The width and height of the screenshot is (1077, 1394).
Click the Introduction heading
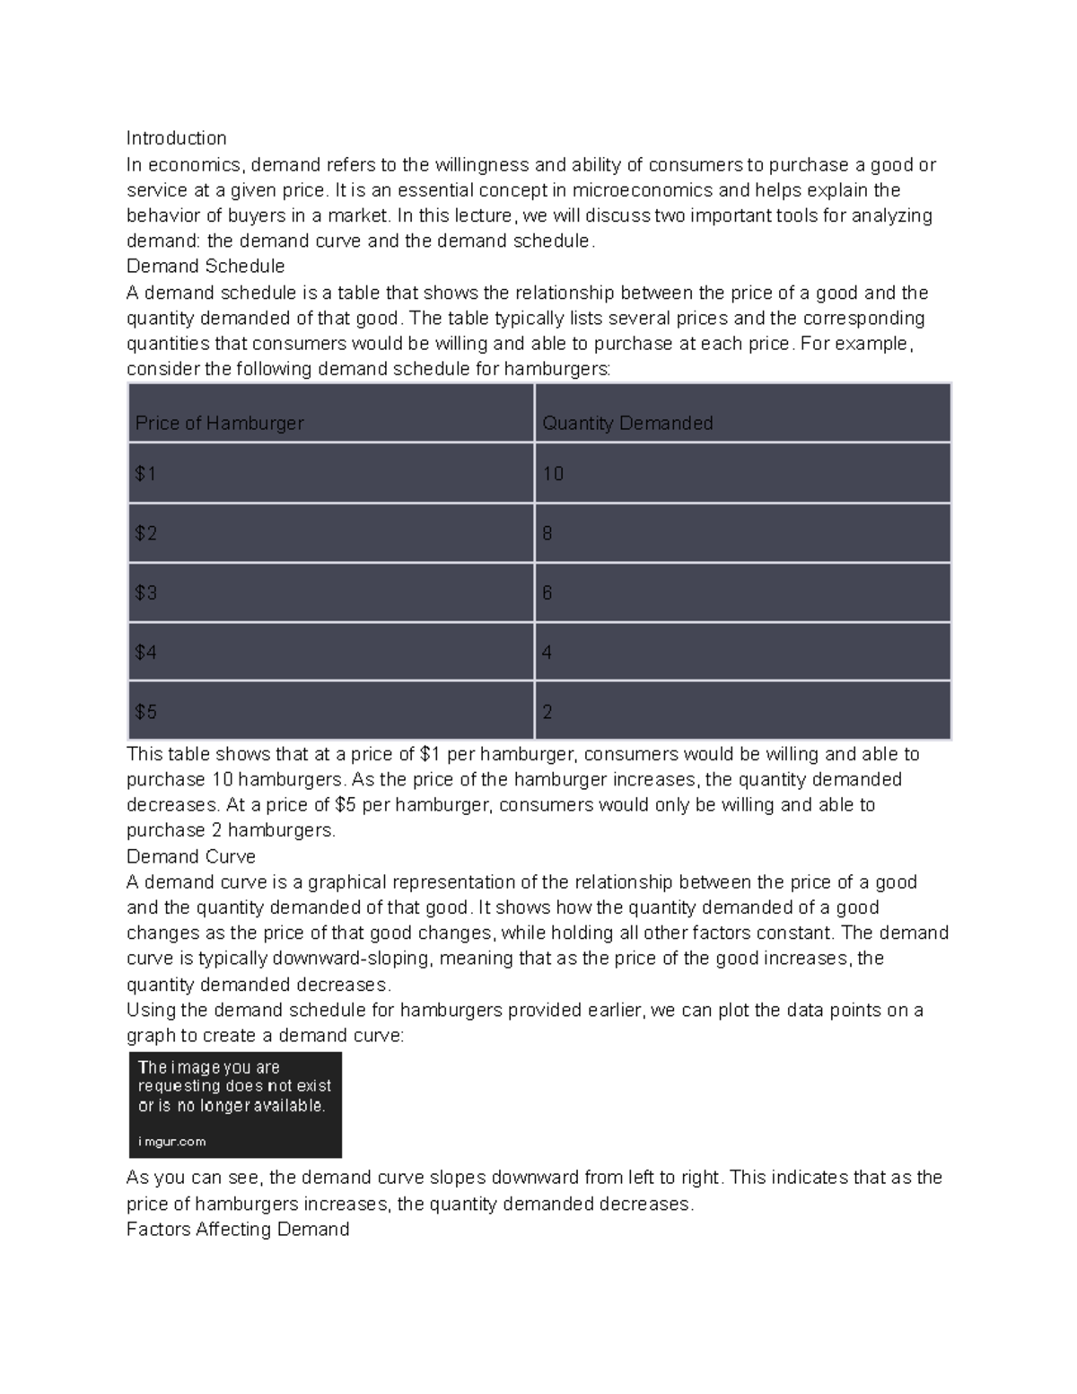[x=176, y=138]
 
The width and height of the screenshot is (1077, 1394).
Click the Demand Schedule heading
[x=206, y=267]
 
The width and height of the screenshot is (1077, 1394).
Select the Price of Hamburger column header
[x=219, y=423]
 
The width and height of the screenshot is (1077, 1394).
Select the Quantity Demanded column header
[x=627, y=423]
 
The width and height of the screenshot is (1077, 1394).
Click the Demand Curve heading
[x=191, y=856]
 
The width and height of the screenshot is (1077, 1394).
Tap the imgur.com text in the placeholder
[x=171, y=1142]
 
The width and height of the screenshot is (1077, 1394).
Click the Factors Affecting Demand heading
[x=238, y=1230]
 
